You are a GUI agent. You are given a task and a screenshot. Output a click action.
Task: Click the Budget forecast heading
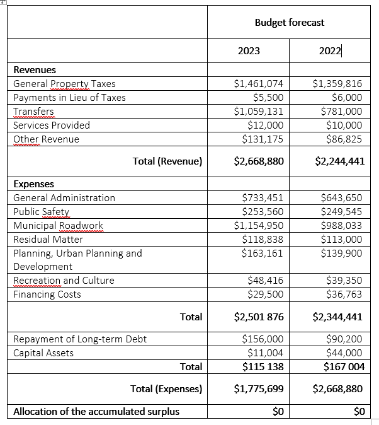point(289,23)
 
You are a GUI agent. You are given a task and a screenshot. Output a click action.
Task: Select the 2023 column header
point(249,52)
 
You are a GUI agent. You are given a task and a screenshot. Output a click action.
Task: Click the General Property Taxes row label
point(64,84)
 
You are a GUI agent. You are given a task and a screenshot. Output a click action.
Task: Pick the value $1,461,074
point(258,84)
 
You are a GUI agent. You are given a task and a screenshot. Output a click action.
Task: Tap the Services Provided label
point(52,125)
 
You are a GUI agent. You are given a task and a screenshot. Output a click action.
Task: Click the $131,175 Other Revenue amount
point(263,139)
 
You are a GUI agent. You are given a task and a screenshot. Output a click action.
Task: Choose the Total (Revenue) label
point(167,161)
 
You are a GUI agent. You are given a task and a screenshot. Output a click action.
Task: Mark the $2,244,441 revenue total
point(338,161)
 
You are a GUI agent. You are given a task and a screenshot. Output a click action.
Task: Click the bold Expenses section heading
point(33,184)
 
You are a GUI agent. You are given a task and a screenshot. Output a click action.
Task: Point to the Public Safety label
point(41,212)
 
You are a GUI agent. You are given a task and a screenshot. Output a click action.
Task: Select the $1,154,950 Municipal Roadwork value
point(258,226)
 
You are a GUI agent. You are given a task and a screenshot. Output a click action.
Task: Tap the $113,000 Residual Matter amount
point(341,240)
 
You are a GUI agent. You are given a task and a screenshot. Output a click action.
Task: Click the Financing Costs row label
point(47,294)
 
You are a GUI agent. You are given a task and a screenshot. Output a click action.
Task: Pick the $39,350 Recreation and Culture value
point(344,281)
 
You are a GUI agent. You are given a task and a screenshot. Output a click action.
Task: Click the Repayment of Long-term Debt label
point(80,340)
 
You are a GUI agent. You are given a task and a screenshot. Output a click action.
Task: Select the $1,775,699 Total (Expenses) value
point(258,390)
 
